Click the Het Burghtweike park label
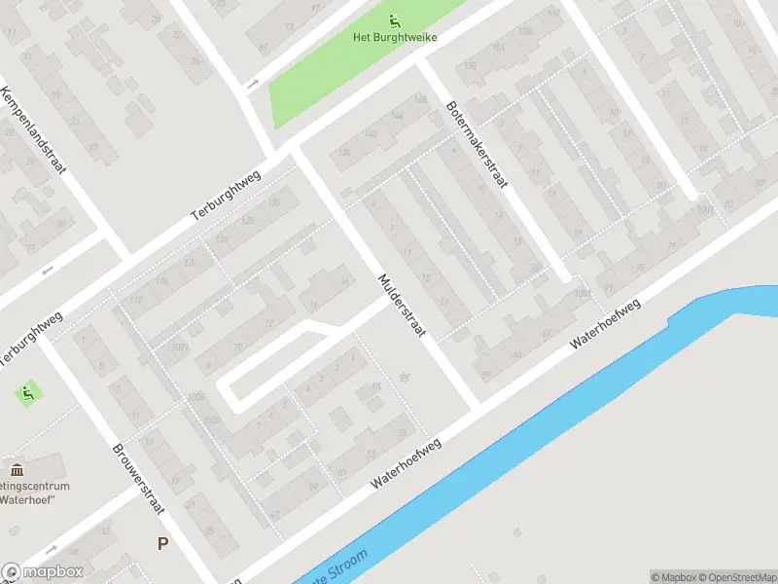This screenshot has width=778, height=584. [394, 38]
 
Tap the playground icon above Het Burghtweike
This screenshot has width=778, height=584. [394, 20]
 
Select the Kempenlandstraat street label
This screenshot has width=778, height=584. [35, 132]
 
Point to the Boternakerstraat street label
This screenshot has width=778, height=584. [483, 146]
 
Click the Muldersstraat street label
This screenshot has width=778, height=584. [402, 305]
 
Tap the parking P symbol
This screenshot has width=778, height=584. [162, 543]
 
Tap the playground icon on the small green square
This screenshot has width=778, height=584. [27, 393]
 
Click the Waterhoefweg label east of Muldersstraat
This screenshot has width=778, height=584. [607, 323]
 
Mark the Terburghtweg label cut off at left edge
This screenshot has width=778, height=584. [29, 340]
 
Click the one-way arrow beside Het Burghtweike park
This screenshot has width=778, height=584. [252, 84]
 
